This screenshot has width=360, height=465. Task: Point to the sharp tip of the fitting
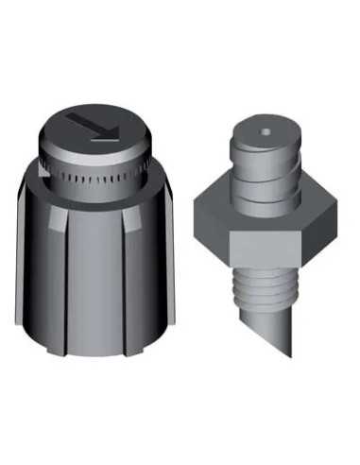point(290,355)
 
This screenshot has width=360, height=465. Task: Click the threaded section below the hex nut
point(264,284)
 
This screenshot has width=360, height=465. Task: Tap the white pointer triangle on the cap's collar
point(44,170)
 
